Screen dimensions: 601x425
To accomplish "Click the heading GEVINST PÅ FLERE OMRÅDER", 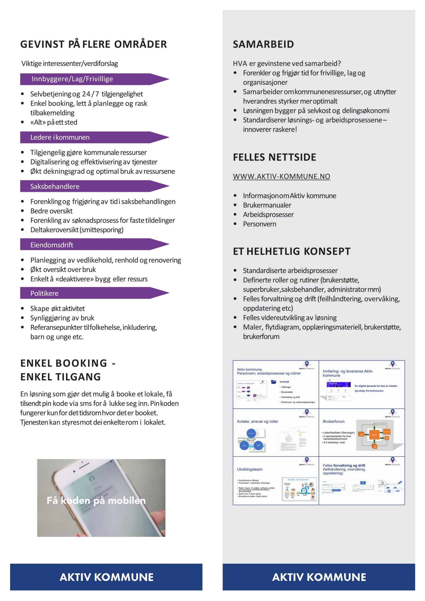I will point(93,44).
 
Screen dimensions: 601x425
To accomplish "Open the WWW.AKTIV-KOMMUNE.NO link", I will point(281,176).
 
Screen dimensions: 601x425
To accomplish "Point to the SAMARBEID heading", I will point(263,44).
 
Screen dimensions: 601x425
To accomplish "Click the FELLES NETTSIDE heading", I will point(274,157).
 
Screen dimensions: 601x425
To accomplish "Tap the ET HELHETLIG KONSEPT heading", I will point(292,251).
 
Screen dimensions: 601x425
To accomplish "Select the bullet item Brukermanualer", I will point(267,205).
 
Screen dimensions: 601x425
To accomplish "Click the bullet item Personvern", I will point(260,224).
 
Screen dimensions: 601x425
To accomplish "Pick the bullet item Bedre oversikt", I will point(51,211).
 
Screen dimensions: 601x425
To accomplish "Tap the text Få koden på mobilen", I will point(96,501).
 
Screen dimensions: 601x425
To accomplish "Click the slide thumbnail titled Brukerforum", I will point(362,432).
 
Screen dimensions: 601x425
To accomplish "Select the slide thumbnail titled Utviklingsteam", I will point(276,481).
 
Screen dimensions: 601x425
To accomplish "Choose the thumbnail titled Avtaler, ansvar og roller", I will point(276,432).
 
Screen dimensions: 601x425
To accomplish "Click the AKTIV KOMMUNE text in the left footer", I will point(106,577).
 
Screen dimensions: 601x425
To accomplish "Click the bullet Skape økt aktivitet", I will point(57,309).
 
